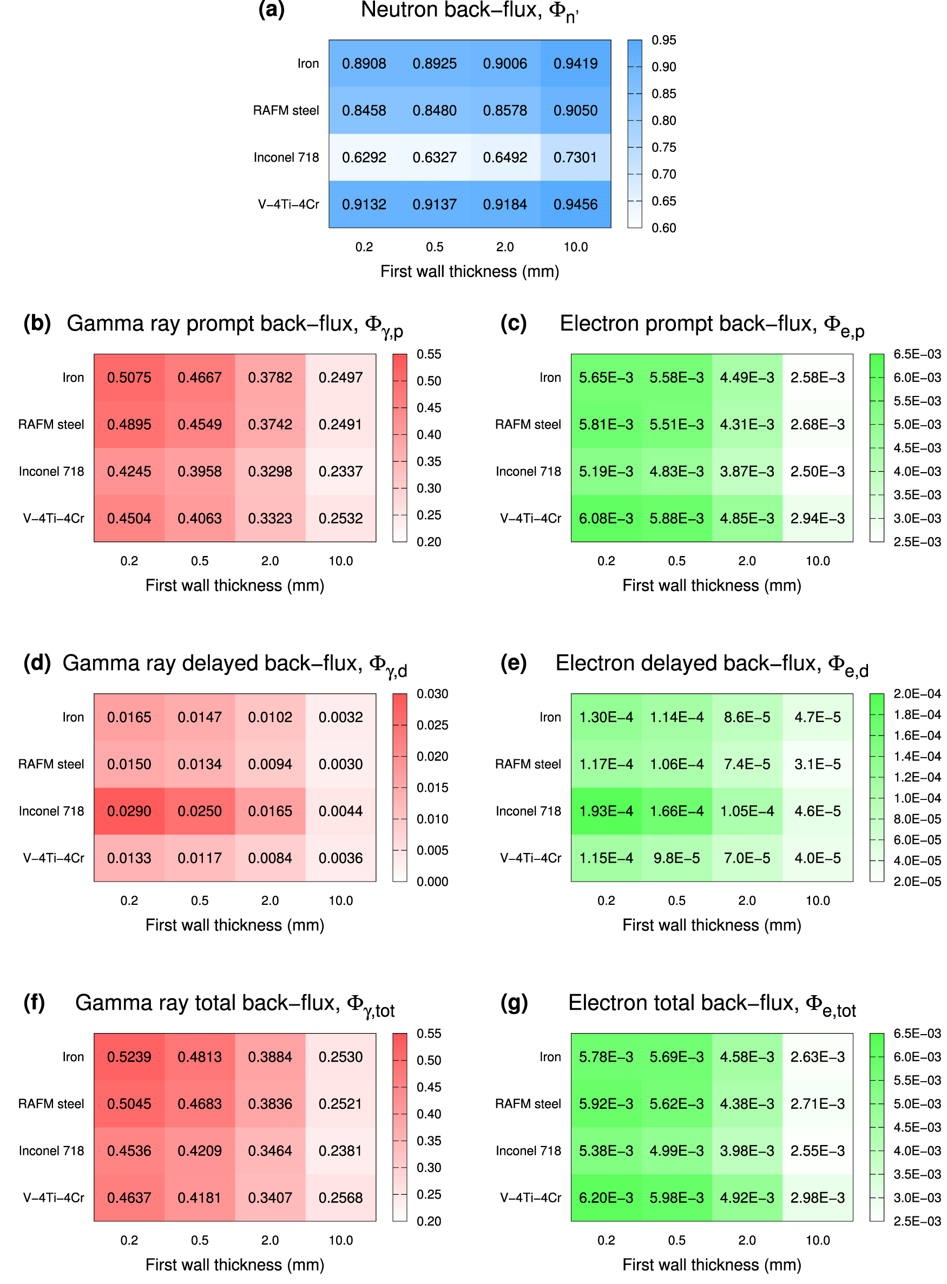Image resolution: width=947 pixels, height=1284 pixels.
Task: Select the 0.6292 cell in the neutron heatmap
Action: tap(364, 157)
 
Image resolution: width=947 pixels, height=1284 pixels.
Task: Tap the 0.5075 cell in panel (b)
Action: tap(129, 377)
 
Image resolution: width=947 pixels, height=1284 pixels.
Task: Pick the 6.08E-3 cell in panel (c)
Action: tap(606, 518)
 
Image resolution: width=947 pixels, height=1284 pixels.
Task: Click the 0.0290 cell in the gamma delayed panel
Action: tap(129, 811)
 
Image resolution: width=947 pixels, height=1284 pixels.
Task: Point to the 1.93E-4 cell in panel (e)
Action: tap(606, 811)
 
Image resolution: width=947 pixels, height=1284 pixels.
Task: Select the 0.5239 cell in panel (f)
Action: tap(129, 1056)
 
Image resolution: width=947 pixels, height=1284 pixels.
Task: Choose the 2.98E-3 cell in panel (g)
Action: tap(818, 1197)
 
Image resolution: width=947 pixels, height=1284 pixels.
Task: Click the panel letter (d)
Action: tap(37, 663)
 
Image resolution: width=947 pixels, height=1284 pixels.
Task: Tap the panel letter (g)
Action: tap(514, 1003)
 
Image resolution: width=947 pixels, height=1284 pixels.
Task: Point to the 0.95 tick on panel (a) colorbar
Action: tap(663, 40)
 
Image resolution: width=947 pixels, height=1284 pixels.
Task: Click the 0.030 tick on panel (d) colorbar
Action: tap(432, 694)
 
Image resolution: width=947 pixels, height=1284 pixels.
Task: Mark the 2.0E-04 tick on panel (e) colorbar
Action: tap(917, 694)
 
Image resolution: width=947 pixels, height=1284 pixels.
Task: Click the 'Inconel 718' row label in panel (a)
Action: tap(286, 157)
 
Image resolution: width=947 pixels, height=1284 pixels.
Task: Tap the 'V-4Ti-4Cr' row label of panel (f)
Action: tap(54, 1197)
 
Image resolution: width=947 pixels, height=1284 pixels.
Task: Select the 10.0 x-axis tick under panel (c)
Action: tap(818, 561)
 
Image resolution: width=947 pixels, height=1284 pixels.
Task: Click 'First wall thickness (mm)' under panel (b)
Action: tap(234, 586)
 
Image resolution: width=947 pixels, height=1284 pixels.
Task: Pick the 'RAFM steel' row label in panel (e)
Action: tap(528, 764)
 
